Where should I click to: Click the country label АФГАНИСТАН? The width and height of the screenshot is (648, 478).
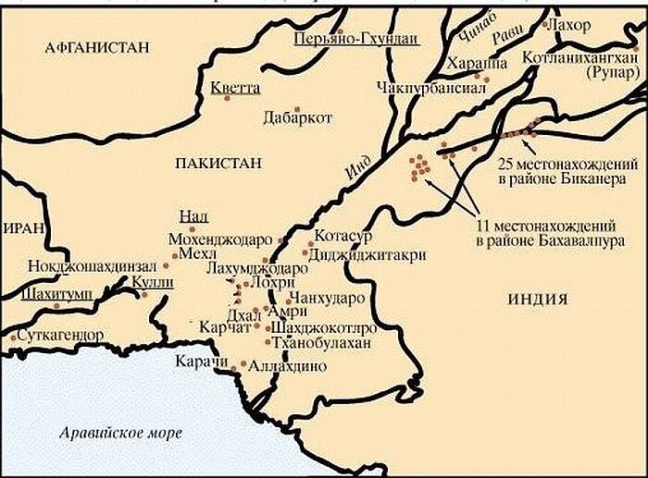[91, 48]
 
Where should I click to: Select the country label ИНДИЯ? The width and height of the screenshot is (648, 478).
[539, 297]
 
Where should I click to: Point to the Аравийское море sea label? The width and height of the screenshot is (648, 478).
[120, 433]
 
